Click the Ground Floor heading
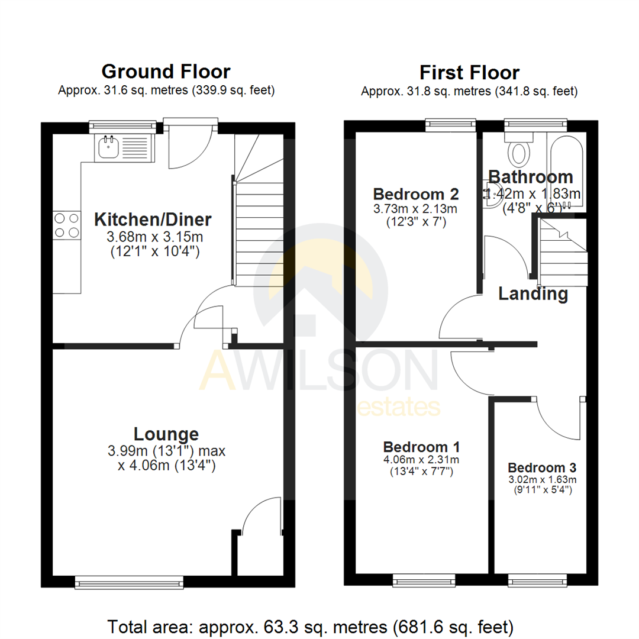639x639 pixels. (x=166, y=72)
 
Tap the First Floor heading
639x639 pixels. (x=469, y=72)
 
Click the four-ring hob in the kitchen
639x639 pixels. (x=67, y=225)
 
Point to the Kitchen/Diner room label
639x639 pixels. (x=153, y=220)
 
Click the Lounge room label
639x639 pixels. (x=166, y=434)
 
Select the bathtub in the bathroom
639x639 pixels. (x=567, y=172)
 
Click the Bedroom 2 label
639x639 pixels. (x=415, y=193)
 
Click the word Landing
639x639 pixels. (x=533, y=293)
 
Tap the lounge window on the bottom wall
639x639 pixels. (x=129, y=583)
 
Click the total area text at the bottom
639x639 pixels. (x=310, y=625)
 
